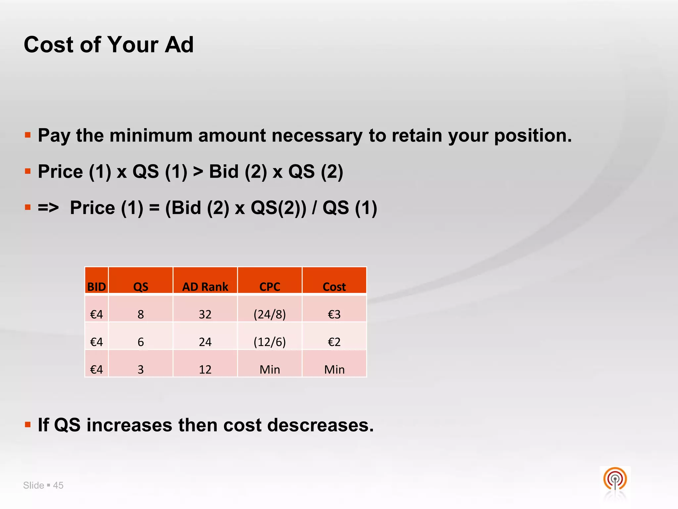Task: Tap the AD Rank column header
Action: click(x=205, y=287)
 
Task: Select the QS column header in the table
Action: click(x=141, y=287)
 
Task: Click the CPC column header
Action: click(x=269, y=287)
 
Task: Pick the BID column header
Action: click(x=96, y=287)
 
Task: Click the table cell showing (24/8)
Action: click(x=269, y=314)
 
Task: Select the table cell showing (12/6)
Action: click(x=269, y=342)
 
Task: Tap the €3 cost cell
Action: click(x=334, y=314)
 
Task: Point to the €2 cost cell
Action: click(x=334, y=342)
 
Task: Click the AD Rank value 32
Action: click(x=205, y=314)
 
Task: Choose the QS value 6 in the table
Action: click(x=141, y=342)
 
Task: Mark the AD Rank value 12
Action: click(x=205, y=369)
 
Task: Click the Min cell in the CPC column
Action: click(x=269, y=369)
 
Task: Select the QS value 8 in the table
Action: click(x=141, y=314)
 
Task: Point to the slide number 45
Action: click(x=58, y=485)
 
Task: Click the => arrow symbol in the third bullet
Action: click(x=48, y=208)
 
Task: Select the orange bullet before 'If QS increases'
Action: click(x=28, y=424)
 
